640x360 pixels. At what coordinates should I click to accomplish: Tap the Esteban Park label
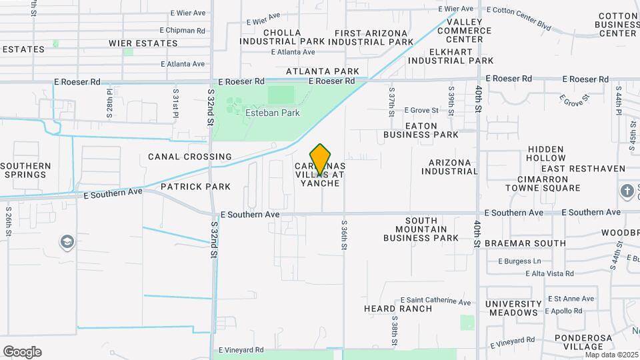(273, 113)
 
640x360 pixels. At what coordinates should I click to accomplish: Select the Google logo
(22, 352)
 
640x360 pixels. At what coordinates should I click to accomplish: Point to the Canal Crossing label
(180, 157)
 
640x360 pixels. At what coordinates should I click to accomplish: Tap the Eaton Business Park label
(421, 130)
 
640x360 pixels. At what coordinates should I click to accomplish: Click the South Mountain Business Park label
(421, 229)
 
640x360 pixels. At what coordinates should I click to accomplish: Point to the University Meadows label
(513, 308)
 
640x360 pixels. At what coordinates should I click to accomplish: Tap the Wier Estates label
(143, 43)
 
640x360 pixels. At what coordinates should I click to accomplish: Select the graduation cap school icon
(67, 242)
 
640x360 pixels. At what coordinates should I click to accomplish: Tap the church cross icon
(627, 192)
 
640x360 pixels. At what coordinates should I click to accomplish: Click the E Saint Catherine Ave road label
(436, 301)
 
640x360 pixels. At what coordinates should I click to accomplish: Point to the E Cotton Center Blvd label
(519, 19)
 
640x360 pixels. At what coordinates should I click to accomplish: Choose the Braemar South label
(525, 243)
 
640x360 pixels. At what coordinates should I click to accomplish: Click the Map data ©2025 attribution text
(610, 355)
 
